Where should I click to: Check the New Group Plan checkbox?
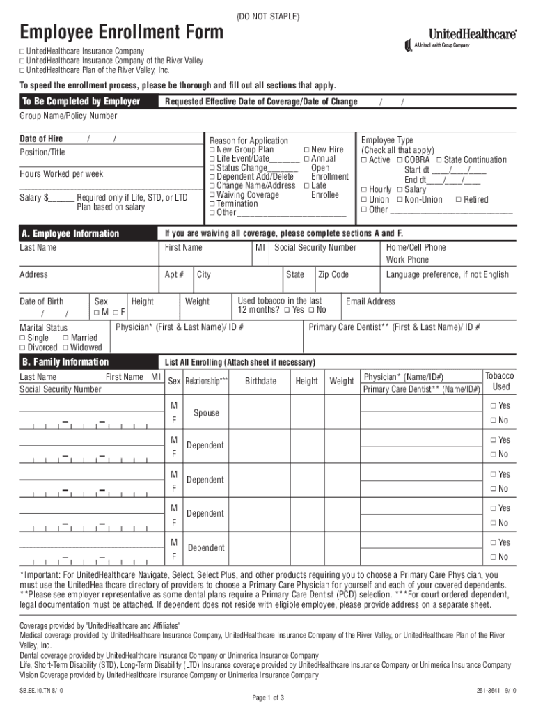212,150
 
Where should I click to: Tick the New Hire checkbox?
306,150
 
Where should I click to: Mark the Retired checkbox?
458,200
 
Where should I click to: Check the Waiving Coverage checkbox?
212,195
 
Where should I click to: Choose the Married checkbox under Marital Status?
65,338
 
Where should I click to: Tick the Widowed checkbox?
65,347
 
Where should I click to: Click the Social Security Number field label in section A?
315,248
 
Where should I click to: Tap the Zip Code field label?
333,274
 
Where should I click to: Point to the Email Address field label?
370,301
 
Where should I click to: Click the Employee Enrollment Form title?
122,32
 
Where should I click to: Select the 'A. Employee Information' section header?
70,234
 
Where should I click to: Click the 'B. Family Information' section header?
65,362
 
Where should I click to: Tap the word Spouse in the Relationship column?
206,413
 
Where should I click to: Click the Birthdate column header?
260,382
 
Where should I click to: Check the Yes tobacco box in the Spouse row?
493,406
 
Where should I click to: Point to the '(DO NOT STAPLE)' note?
268,15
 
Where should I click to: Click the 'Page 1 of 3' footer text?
268,698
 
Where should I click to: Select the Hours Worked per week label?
61,174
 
